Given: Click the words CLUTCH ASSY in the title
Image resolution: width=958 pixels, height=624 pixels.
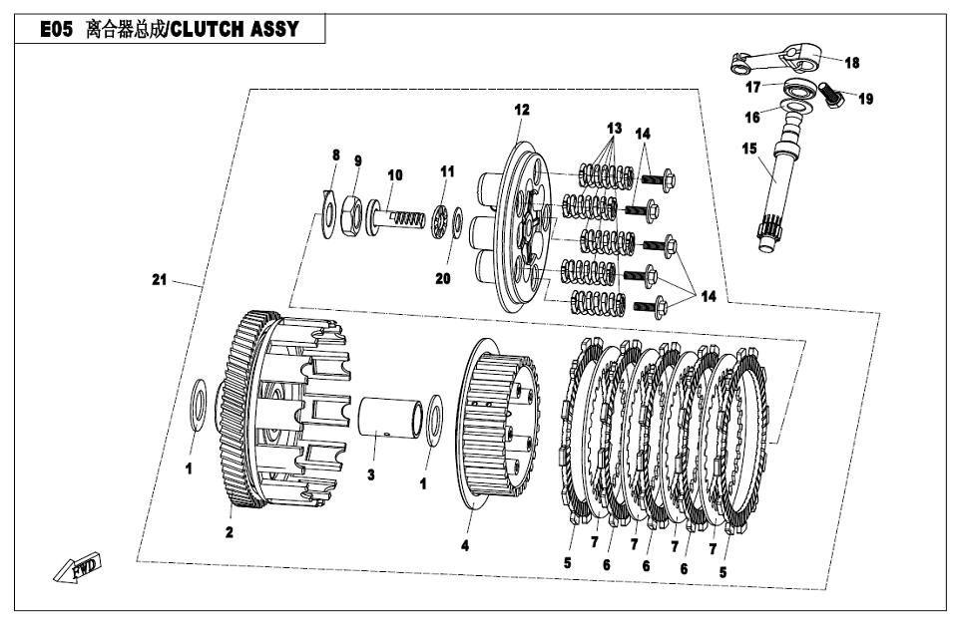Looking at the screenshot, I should [x=234, y=29].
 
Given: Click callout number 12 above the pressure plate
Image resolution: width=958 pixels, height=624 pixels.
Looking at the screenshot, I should [x=522, y=110].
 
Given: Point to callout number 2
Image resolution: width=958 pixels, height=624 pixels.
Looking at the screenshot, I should [x=229, y=533].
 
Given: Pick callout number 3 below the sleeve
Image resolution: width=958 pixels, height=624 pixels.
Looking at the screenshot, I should [x=370, y=474].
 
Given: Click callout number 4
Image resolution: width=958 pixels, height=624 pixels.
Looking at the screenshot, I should [x=465, y=545].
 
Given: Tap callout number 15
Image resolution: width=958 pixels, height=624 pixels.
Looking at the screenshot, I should [x=749, y=150].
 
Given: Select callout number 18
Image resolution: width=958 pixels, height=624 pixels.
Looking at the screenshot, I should [x=851, y=63].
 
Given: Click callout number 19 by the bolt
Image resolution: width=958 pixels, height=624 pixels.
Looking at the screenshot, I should [x=865, y=99].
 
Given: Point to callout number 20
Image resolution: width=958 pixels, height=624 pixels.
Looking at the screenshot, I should [x=443, y=278].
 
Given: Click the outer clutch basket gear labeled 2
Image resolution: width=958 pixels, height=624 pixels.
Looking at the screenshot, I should [x=244, y=399].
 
